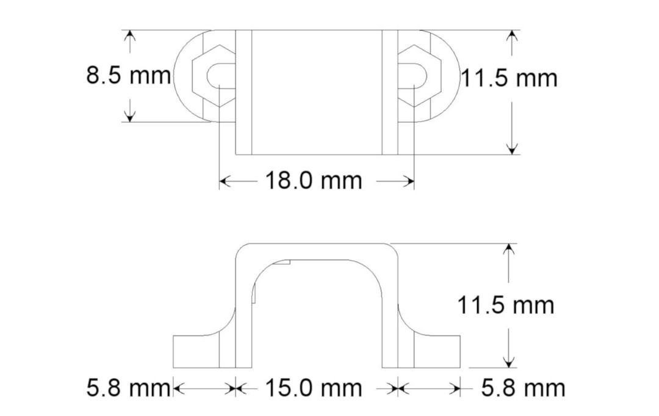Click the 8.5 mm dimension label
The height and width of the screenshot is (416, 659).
(128, 76)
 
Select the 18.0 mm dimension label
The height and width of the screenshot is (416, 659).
(314, 181)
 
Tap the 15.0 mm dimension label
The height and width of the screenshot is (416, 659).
(314, 388)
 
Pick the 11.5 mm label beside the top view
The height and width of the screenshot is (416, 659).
(510, 78)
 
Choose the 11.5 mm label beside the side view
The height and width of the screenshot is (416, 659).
(506, 305)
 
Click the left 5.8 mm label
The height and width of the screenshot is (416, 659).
(128, 388)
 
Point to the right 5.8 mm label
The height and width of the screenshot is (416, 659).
(524, 388)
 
